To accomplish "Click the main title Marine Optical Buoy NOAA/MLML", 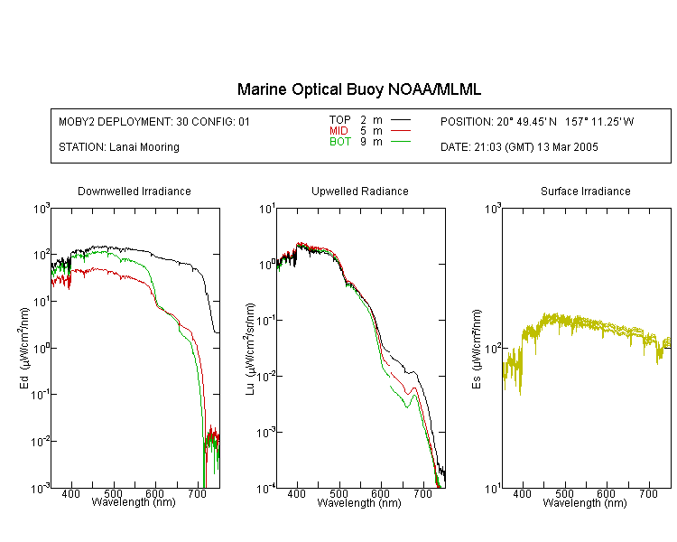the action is coord(358,89).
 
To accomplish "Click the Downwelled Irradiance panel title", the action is coord(134,192).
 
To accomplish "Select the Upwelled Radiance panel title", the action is coord(360,192).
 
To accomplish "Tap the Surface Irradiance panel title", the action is coord(586,192).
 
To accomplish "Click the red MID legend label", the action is coord(338,131).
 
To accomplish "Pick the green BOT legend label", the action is coord(340,142).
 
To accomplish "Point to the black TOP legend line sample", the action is coord(400,120).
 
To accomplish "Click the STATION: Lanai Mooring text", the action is coord(119,147).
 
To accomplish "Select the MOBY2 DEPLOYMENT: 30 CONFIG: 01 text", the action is coord(154,122).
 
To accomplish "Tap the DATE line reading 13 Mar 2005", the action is coord(519,147).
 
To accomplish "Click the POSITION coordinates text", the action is coord(537,122).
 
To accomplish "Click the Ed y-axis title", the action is coord(24,348).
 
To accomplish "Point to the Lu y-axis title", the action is coord(250,349).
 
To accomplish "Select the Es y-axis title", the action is coord(476,350).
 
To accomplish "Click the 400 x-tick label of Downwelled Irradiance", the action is coord(70,493).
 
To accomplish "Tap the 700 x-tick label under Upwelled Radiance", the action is coord(422,493).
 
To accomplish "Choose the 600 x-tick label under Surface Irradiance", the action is coord(606,493).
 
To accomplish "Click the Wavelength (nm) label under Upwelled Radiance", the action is coord(359,503).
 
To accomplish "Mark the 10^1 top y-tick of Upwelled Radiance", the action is coord(267,210).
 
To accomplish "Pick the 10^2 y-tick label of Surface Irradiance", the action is coord(493,349).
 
